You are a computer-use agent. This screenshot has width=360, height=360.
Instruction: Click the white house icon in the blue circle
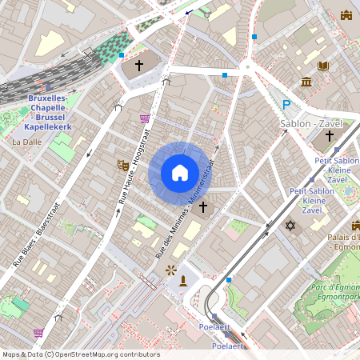(179, 173)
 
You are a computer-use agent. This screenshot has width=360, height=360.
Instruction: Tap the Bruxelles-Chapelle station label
(50, 112)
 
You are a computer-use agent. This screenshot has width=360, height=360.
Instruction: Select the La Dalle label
(26, 142)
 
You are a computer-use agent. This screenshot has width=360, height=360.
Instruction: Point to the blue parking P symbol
(286, 104)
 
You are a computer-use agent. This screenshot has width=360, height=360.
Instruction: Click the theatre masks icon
(123, 166)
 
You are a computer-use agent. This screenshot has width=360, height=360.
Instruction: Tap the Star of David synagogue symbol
(290, 226)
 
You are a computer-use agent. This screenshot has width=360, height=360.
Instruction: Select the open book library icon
(324, 66)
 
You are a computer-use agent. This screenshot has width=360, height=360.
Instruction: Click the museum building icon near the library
(306, 82)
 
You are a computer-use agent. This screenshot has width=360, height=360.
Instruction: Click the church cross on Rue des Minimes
(203, 207)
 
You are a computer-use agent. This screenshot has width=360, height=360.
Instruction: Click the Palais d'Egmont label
(343, 242)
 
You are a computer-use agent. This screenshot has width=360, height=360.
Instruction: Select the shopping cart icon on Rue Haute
(145, 118)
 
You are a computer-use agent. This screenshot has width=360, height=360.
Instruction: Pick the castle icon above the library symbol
(346, 15)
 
